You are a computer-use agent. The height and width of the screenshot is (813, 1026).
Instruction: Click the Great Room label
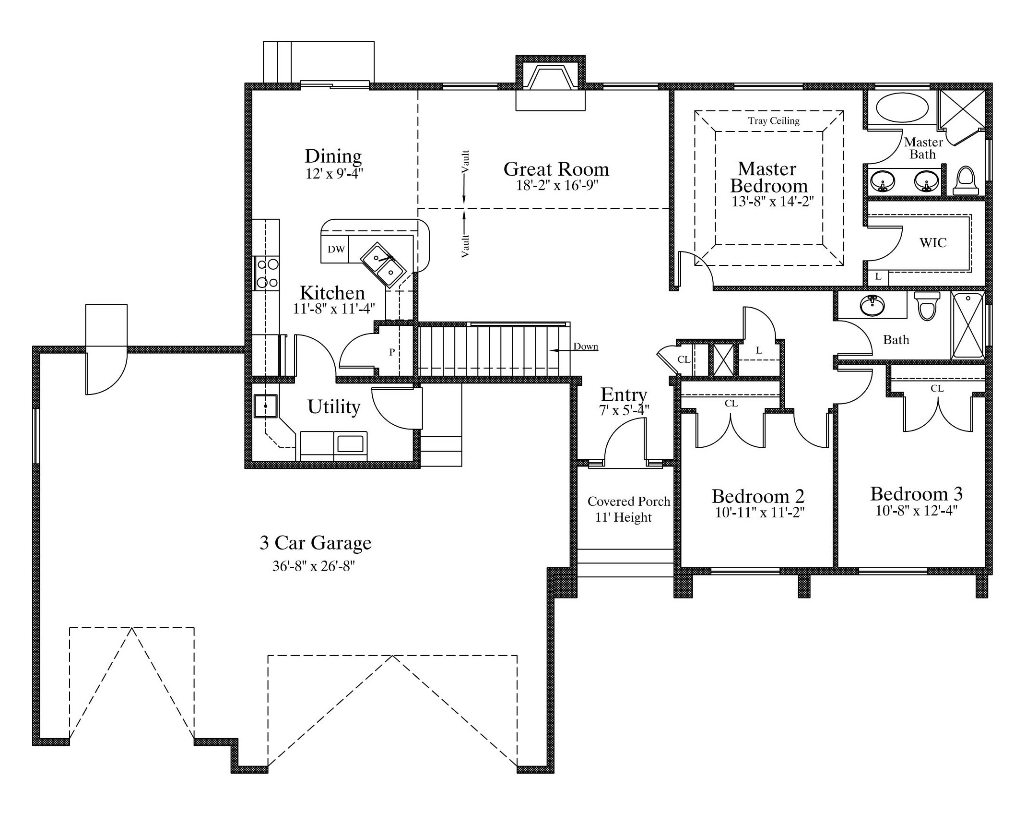coord(556,169)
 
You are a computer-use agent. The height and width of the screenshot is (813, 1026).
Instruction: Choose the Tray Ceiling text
coord(774,120)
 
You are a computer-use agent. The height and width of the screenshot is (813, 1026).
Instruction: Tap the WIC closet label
coord(933,242)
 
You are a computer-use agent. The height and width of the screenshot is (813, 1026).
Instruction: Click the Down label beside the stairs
coord(586,347)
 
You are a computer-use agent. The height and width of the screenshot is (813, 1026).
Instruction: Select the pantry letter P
coord(392,352)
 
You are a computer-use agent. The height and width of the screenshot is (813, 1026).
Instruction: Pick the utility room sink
coord(265,406)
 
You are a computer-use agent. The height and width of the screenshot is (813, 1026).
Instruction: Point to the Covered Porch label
coord(629,501)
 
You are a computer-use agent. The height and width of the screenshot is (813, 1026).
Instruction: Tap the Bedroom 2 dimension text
coord(759,513)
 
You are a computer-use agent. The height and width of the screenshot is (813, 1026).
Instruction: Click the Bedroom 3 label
coord(917,494)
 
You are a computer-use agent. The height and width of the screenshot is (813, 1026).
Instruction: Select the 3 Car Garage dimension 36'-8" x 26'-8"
coord(314,566)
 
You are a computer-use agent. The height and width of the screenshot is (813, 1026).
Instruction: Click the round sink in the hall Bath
coord(873,305)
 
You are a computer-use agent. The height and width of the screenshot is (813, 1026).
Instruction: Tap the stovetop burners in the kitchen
coord(266,273)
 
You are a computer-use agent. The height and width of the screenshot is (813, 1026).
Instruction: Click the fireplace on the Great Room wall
coord(550,83)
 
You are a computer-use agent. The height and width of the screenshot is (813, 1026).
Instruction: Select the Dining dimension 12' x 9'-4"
coord(334,173)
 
